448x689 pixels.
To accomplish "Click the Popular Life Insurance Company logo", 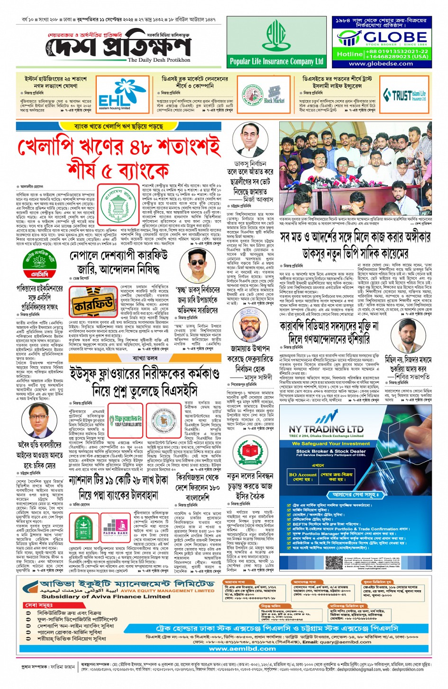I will tap(276, 42).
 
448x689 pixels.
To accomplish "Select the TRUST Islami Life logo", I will tap(404, 95).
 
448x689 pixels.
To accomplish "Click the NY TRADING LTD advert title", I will tap(326, 429).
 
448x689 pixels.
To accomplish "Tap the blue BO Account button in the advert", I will tap(302, 476).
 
